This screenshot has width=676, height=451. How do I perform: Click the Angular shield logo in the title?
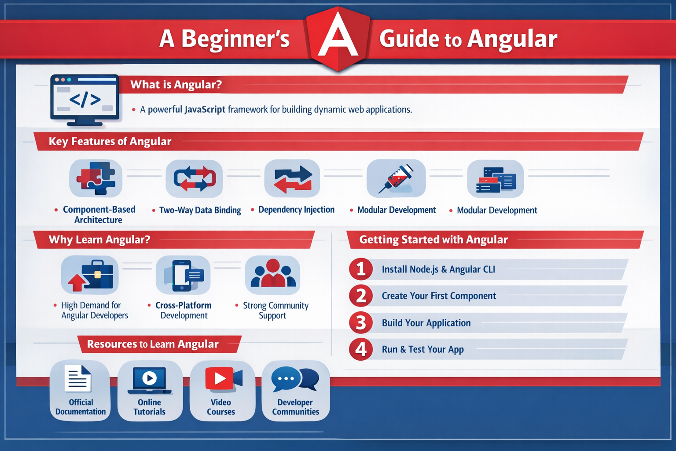tap(338, 39)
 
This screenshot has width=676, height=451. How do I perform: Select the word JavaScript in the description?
tap(205, 109)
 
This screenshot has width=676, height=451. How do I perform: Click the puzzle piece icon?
tap(96, 178)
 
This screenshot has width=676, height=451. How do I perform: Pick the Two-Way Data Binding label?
tap(200, 210)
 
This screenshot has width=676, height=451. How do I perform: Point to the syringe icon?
tap(396, 179)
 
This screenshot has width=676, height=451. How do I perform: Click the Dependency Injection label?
tap(296, 210)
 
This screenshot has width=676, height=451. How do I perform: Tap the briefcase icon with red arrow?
tap(90, 275)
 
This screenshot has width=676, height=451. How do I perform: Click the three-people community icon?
tap(273, 274)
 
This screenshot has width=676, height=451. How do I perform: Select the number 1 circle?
tap(360, 269)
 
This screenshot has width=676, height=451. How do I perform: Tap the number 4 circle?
tap(360, 349)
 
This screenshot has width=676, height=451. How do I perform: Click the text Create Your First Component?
tap(439, 296)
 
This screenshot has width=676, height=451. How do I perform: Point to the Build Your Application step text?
tap(426, 323)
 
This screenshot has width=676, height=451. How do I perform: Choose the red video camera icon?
tap(224, 378)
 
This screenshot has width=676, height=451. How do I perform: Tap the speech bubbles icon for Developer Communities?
tap(295, 379)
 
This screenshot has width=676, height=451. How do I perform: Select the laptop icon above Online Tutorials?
tap(149, 381)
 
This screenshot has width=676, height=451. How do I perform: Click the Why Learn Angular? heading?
tap(99, 240)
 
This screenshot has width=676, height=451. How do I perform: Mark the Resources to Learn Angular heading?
tap(153, 344)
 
